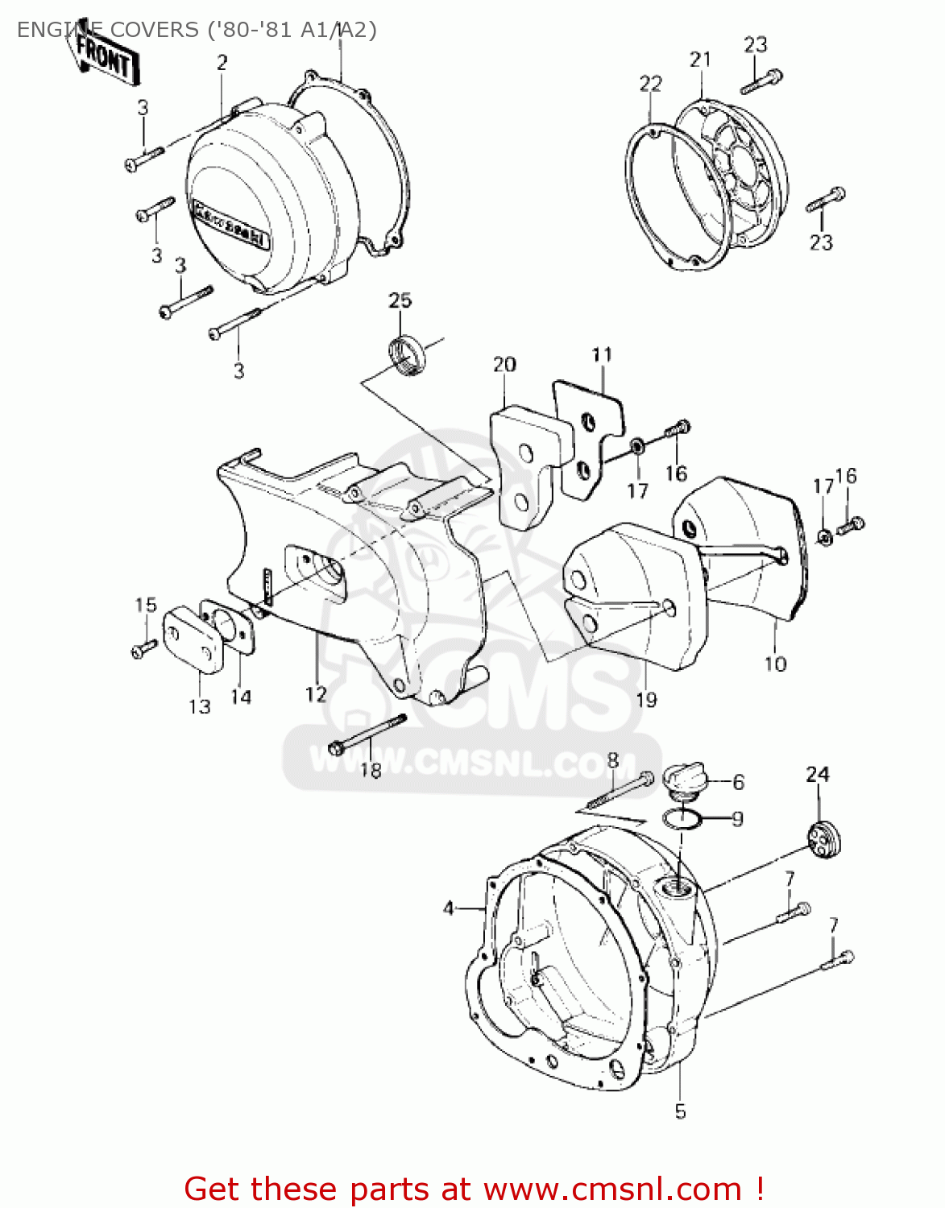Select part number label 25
tap(400, 300)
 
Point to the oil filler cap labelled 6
tap(684, 779)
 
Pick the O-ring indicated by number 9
tap(682, 819)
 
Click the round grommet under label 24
tap(823, 842)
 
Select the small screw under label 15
tap(144, 647)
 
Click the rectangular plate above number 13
tap(193, 641)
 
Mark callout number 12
tap(316, 693)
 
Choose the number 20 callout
tap(504, 365)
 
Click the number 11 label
tap(602, 355)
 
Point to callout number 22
tap(650, 84)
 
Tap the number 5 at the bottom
tap(680, 1112)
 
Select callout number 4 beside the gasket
tap(449, 908)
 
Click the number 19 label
tap(646, 700)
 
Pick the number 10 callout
tap(775, 664)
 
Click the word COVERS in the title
tap(154, 30)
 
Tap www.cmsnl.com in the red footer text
tap(613, 1189)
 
